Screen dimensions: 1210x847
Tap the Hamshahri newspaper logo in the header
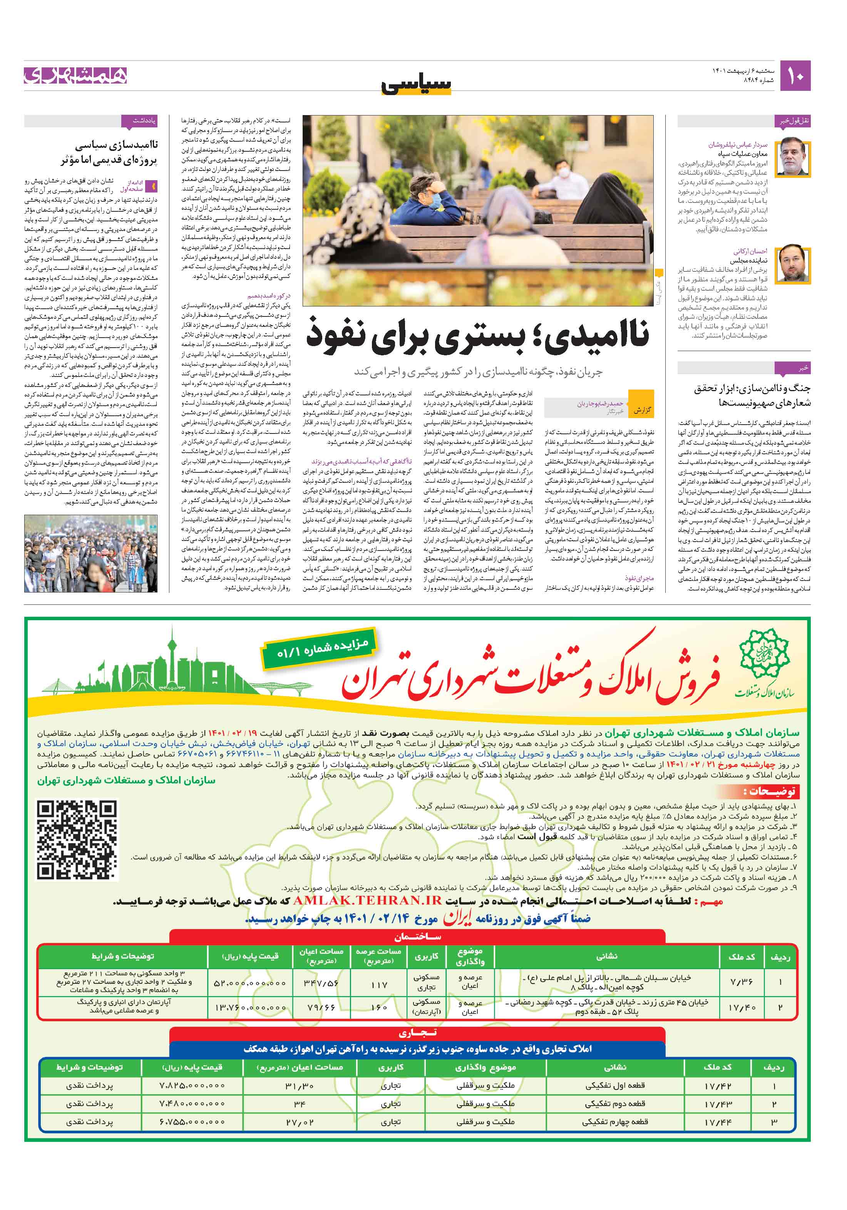coord(75,75)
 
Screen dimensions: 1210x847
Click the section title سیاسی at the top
coord(417,83)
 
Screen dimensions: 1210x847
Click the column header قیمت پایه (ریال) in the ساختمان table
coord(250,956)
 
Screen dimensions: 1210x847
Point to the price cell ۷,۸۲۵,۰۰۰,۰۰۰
coord(192,1086)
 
